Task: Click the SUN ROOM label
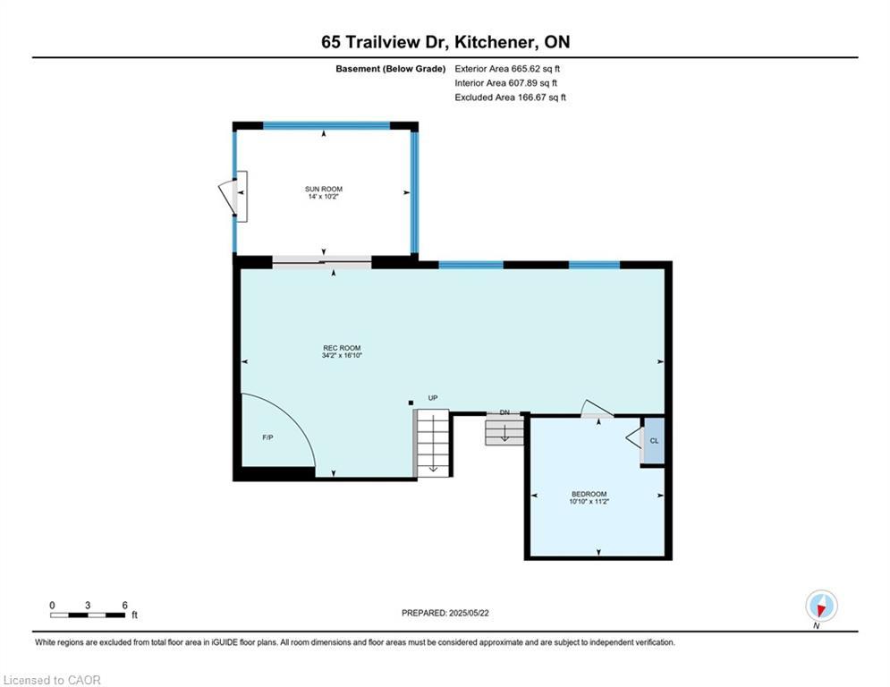point(324,189)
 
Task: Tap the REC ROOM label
point(342,348)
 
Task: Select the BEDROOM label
point(589,494)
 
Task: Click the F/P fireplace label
point(268,437)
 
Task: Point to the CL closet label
point(655,441)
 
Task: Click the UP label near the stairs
point(433,398)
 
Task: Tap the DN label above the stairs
point(504,412)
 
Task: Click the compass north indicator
point(821,606)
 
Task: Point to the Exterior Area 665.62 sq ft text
point(507,69)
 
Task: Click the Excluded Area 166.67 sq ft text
point(510,98)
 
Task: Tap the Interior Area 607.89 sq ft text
point(505,83)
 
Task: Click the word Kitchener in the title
point(495,42)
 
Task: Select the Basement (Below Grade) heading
point(391,69)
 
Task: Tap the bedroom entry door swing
point(596,409)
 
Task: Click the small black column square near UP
point(411,403)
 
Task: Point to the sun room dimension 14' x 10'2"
point(324,197)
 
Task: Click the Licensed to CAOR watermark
point(52,680)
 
